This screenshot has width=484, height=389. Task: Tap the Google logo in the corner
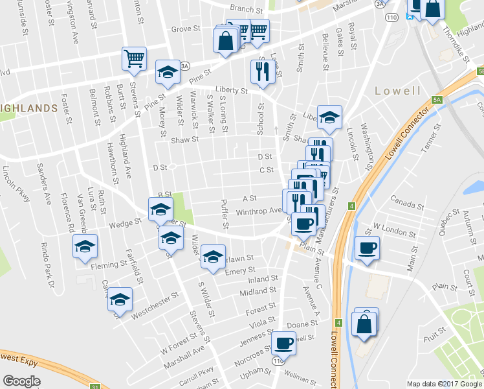click(x=21, y=381)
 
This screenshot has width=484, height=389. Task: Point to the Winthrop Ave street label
click(x=259, y=211)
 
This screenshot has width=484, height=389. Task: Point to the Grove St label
click(x=186, y=29)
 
